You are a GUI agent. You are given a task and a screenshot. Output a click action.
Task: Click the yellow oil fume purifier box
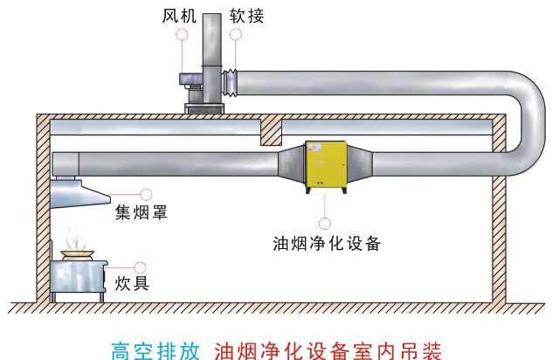tap(325, 166)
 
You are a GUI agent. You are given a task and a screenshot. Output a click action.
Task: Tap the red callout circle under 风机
tap(181, 34)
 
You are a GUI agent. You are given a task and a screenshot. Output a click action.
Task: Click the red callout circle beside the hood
tap(146, 194)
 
